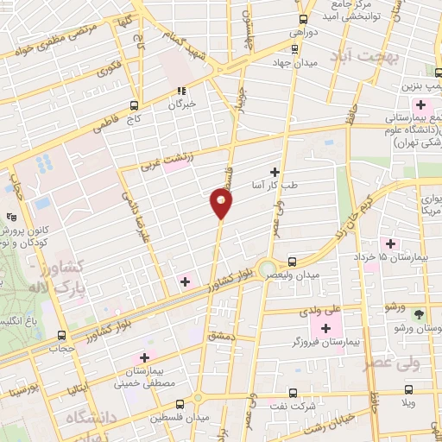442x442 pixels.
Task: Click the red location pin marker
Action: (222, 204)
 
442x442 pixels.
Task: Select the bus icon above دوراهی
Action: (303, 19)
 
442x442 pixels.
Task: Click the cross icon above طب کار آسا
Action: (275, 173)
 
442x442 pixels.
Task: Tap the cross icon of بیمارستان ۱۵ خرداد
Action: (390, 244)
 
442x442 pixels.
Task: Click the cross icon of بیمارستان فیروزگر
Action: (325, 328)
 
